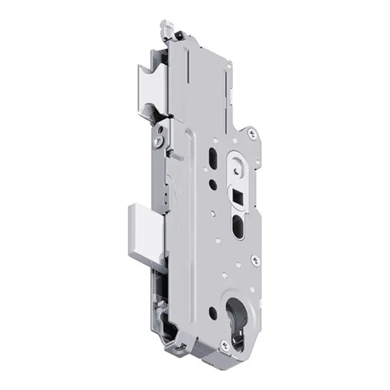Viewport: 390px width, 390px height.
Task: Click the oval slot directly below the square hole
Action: (x=239, y=224)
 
